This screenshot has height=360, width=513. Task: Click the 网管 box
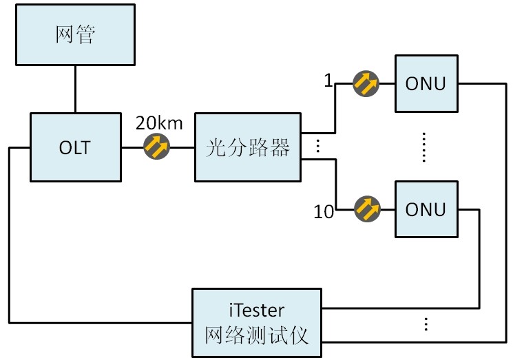click(x=75, y=35)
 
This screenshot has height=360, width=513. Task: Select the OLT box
click(x=75, y=147)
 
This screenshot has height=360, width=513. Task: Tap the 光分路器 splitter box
click(x=248, y=147)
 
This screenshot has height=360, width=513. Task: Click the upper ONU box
click(x=426, y=84)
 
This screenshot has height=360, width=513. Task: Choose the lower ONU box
click(x=426, y=209)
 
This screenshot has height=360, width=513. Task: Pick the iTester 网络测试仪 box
click(x=256, y=322)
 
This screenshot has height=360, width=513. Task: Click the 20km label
click(x=159, y=124)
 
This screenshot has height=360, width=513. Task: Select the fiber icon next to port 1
click(x=366, y=84)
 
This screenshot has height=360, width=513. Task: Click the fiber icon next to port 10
click(x=366, y=209)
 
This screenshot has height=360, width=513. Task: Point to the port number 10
click(x=324, y=212)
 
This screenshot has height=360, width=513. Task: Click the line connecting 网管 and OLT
click(x=75, y=88)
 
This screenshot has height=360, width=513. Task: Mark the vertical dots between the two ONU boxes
click(x=425, y=147)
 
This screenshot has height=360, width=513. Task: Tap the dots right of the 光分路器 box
click(x=317, y=147)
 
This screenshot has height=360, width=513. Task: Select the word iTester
click(x=256, y=309)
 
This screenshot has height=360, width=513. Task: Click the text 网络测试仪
click(x=256, y=335)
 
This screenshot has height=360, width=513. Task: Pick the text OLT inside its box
click(x=75, y=147)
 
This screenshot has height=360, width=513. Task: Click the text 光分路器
click(x=248, y=147)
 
